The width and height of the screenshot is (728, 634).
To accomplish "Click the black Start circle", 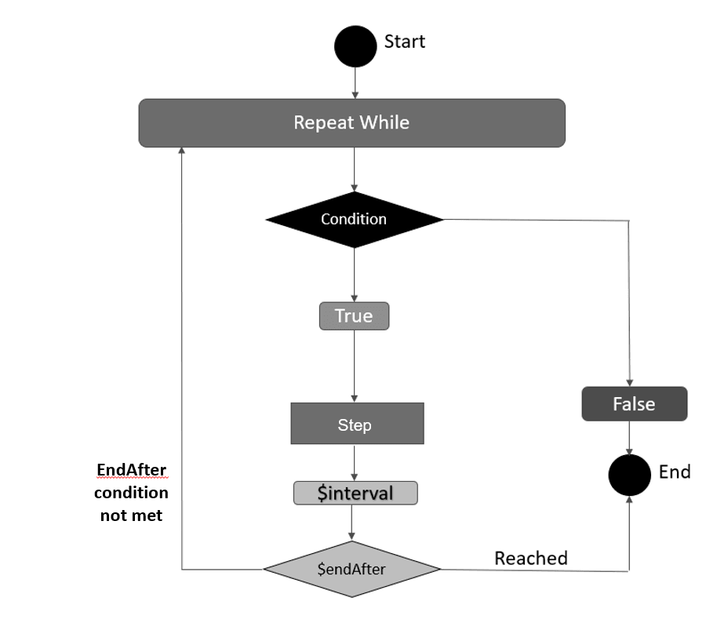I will point(355,46).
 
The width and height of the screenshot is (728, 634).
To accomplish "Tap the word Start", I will point(404,42).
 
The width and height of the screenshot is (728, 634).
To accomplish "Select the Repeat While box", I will point(351,123).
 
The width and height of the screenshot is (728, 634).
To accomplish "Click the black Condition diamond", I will point(355,220).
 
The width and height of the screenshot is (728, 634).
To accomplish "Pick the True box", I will point(354,316).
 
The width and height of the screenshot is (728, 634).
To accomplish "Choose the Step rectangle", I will point(357,424).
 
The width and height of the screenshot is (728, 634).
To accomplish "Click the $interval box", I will point(355,493).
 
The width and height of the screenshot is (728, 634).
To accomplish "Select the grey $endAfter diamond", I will point(351,569).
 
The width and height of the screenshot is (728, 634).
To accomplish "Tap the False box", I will point(634,404).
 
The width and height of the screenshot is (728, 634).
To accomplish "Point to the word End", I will point(675,472).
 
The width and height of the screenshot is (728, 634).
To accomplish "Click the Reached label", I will point(530,558).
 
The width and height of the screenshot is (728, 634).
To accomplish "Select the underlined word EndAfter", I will point(131,470).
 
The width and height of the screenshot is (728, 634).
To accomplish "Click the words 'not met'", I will point(131,516).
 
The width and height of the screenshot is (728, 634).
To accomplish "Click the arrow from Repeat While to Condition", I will point(355,169).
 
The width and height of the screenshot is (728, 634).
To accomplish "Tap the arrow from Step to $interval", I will point(355,462).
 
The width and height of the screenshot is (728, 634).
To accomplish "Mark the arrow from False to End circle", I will point(629,437).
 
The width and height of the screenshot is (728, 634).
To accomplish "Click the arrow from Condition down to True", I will point(355,275).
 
